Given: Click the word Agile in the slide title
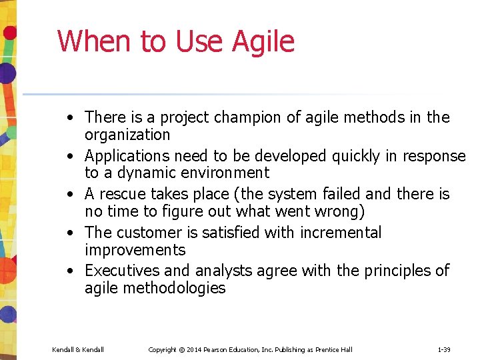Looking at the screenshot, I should (x=263, y=41).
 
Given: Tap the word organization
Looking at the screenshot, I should (x=127, y=135).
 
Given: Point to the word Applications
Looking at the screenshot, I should (x=127, y=156).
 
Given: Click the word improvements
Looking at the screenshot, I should (x=135, y=250).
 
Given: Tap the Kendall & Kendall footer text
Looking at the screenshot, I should (x=78, y=349).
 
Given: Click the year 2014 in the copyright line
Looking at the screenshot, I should (x=195, y=349).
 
